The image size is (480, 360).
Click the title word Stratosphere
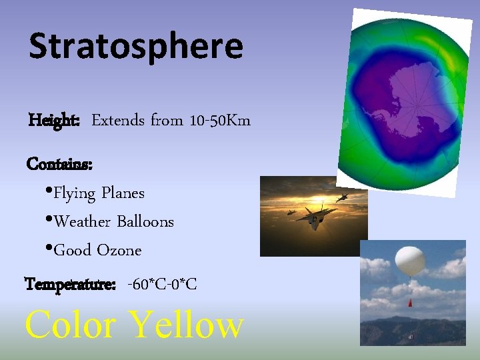[x=136, y=47]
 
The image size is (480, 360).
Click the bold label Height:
[x=55, y=121]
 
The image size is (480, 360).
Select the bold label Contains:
[x=59, y=163]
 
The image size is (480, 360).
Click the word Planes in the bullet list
[x=123, y=193]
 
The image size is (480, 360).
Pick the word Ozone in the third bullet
[x=119, y=251]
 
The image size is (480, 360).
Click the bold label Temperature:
[x=70, y=285]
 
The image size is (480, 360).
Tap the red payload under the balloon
[x=409, y=303]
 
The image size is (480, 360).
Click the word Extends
[x=118, y=121]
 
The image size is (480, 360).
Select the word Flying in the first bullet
[x=75, y=193]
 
